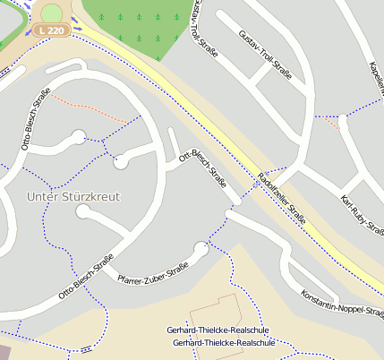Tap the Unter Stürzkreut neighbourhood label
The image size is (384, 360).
point(73,196)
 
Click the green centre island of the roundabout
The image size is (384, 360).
point(52,13)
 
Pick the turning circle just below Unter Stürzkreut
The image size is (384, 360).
point(83,212)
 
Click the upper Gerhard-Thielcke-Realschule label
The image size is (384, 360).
point(218,330)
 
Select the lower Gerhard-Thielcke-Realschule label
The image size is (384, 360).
point(223,343)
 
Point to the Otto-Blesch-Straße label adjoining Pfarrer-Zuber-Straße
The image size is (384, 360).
point(86,277)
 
